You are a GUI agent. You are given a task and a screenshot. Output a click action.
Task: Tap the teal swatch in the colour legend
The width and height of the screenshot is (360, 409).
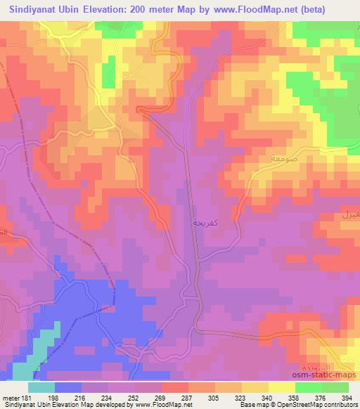pos(41,387)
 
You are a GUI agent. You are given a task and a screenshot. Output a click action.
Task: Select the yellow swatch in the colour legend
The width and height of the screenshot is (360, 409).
pos(282,387)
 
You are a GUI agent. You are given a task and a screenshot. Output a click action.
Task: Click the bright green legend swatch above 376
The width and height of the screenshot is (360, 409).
pos(309,387)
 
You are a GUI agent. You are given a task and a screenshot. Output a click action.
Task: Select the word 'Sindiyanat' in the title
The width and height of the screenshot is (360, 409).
pos(27,8)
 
